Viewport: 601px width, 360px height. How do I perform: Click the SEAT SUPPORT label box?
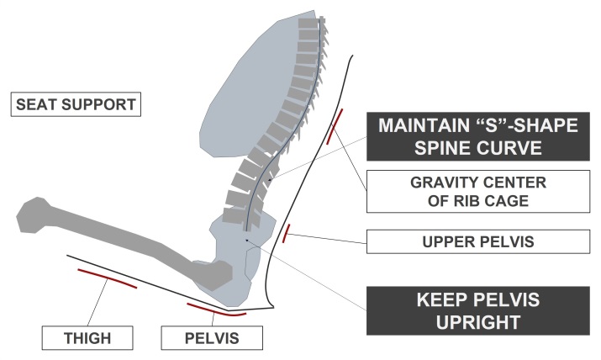[74, 105]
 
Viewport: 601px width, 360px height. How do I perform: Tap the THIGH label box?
[88, 338]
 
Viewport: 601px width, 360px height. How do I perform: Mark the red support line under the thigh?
[106, 278]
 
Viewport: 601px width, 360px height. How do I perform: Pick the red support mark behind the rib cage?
[335, 125]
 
